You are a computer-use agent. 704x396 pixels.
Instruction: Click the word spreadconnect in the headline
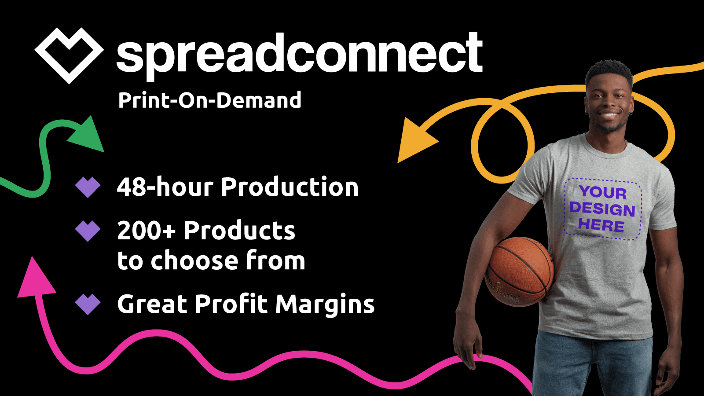(x=300, y=55)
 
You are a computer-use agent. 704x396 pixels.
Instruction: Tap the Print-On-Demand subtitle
(x=209, y=100)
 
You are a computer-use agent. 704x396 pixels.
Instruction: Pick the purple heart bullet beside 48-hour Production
(x=88, y=187)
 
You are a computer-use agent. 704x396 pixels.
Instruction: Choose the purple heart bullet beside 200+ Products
(x=88, y=231)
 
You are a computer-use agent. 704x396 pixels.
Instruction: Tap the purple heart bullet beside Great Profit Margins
(x=88, y=304)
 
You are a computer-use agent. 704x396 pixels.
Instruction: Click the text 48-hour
(x=165, y=187)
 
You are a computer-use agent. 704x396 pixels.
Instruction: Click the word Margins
(x=325, y=305)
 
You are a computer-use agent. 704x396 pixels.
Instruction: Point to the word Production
(x=290, y=187)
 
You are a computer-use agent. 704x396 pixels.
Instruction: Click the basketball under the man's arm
(x=519, y=271)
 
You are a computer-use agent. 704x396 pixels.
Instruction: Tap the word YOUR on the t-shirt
(x=603, y=192)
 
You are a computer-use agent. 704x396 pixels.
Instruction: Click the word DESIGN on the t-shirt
(x=602, y=209)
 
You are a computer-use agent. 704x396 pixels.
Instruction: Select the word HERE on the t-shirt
(x=601, y=225)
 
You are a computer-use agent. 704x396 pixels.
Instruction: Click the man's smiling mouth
(x=609, y=115)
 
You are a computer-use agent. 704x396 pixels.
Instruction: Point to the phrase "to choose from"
(x=211, y=260)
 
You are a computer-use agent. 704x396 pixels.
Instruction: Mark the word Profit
(x=231, y=304)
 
